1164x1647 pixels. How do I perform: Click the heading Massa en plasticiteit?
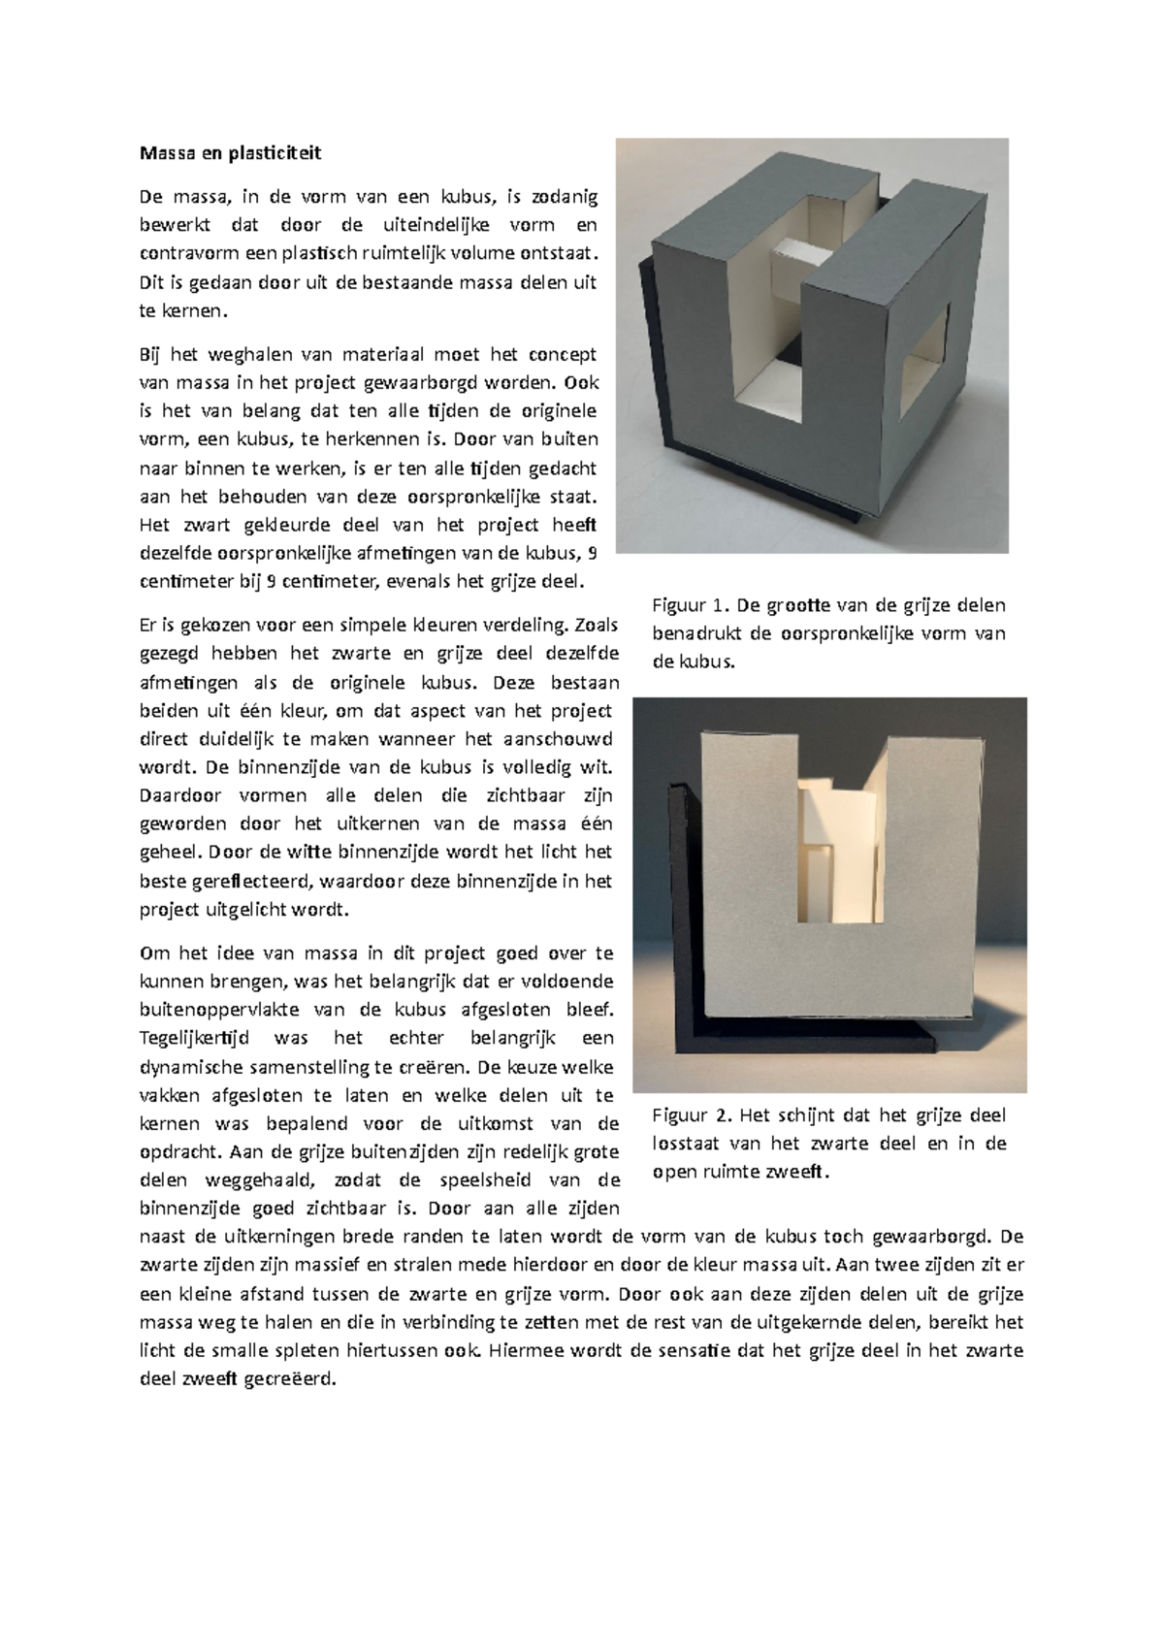pyautogui.click(x=230, y=153)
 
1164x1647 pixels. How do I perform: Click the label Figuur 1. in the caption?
pyautogui.click(x=689, y=606)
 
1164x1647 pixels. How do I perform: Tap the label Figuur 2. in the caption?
pyautogui.click(x=689, y=1115)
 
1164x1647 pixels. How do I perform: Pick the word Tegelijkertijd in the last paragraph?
pyautogui.click(x=194, y=1038)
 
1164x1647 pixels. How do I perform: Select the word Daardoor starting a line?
pyautogui.click(x=181, y=795)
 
